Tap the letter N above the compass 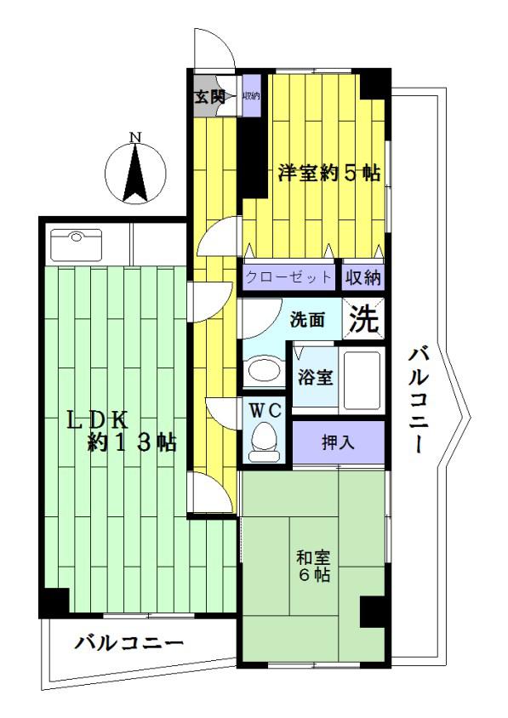(x=134, y=136)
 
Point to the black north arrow (x=134, y=173)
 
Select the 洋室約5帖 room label (x=329, y=174)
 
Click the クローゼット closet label (x=288, y=277)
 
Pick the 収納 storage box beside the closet (x=363, y=277)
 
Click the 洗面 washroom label (x=307, y=320)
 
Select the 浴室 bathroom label (x=315, y=377)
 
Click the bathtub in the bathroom (x=362, y=380)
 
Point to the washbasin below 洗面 (x=264, y=370)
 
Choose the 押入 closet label (x=338, y=442)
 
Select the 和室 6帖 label (x=313, y=566)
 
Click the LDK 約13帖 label (x=122, y=431)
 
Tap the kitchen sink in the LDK (x=77, y=245)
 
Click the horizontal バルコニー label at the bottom (x=129, y=643)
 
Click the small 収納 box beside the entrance (x=251, y=96)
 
